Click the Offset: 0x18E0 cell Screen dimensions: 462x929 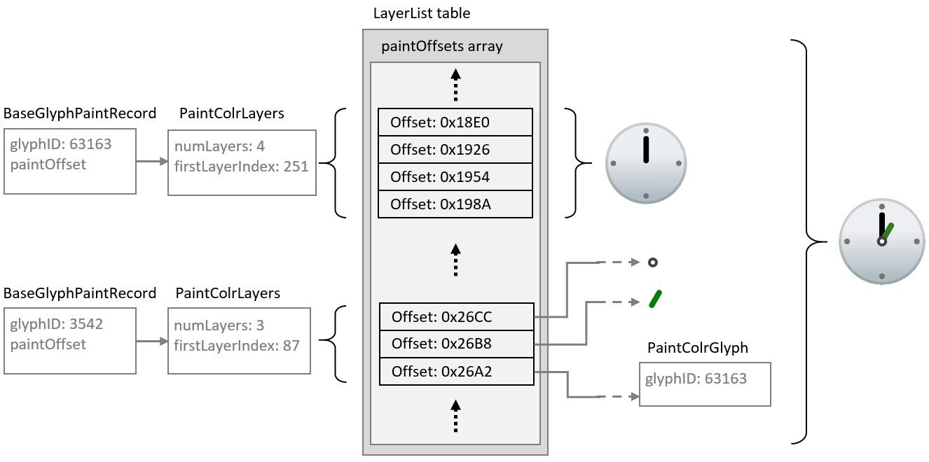(455, 122)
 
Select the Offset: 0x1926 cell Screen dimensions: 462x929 (455, 150)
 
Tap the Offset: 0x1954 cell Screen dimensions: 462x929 (455, 177)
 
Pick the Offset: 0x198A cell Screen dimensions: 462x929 (455, 204)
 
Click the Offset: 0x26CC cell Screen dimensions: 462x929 (456, 317)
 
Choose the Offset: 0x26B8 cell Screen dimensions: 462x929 (456, 344)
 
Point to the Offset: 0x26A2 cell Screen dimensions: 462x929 (456, 372)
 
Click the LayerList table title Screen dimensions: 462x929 (422, 13)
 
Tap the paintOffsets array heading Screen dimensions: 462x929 (441, 47)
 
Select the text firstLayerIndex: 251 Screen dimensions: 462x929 (241, 167)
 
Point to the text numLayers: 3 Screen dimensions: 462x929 (219, 325)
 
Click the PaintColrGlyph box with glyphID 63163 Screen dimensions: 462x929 (705, 384)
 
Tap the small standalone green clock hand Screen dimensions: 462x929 (655, 299)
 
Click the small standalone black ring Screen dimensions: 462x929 (653, 262)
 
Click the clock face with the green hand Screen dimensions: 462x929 (881, 241)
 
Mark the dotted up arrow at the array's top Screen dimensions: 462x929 (456, 84)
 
